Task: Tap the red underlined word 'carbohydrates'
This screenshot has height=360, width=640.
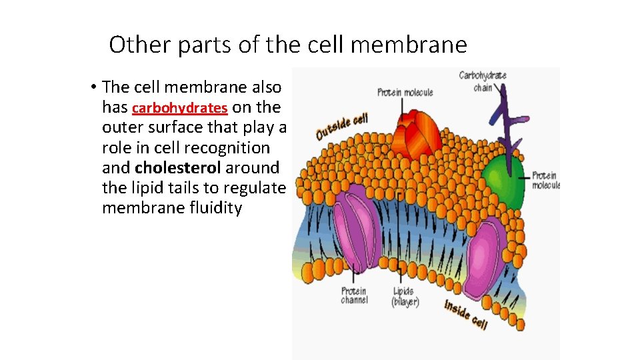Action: (180, 108)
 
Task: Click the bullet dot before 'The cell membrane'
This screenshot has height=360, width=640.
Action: (95, 88)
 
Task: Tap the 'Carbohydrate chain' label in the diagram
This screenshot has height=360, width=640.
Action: (483, 81)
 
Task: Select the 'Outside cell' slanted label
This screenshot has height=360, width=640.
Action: (342, 126)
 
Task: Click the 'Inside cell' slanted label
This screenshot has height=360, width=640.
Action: (466, 314)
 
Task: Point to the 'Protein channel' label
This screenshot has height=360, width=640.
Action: (354, 295)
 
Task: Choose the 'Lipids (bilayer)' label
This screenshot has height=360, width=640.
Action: (405, 297)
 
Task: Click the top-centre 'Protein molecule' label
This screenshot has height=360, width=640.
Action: (405, 92)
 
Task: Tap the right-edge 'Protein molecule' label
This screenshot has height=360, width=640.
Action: (546, 180)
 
